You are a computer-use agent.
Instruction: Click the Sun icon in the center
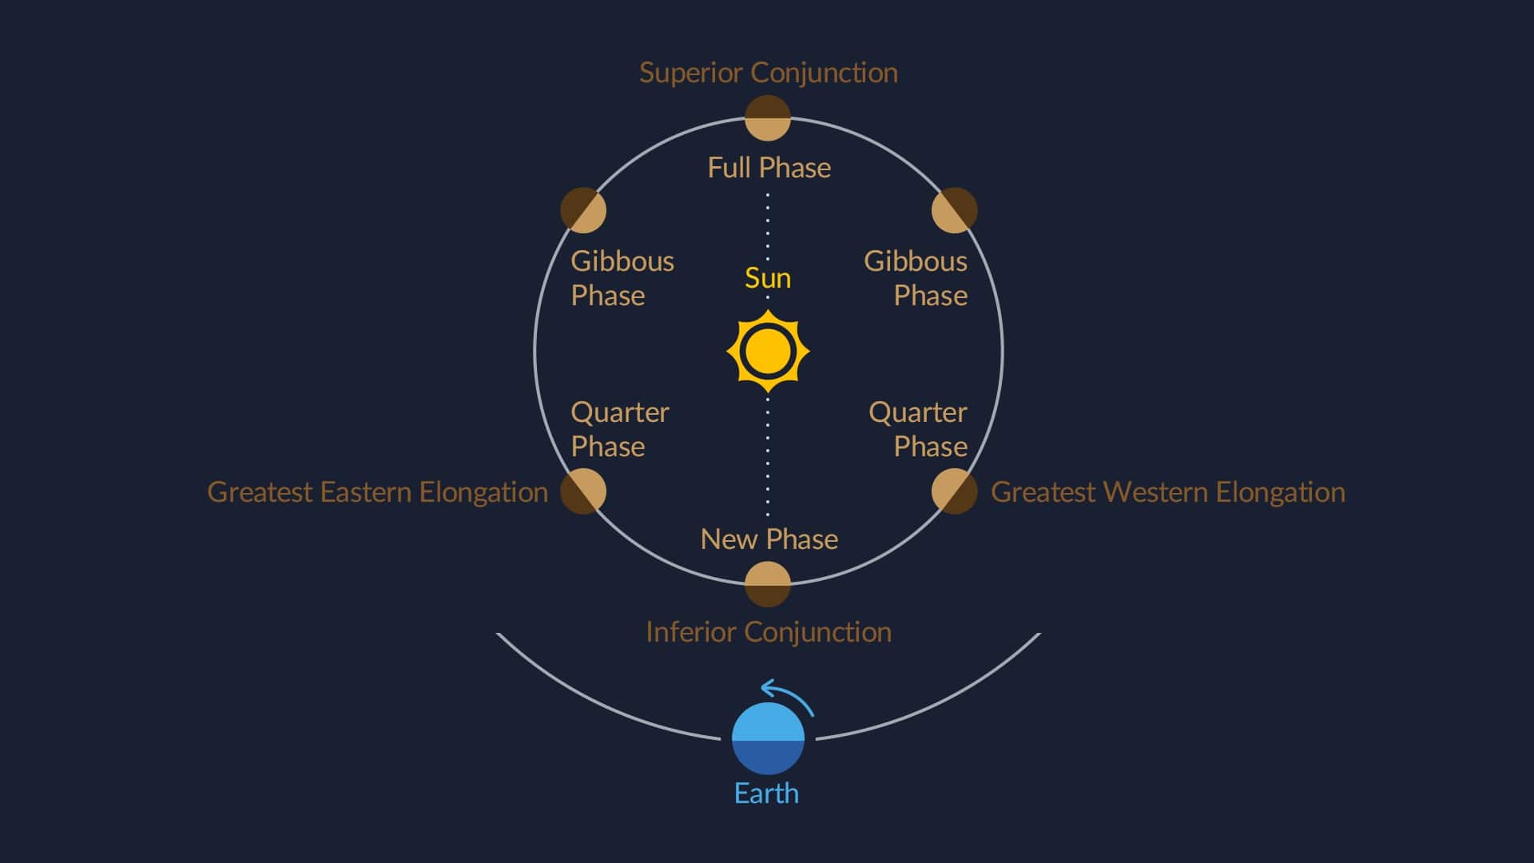pyautogui.click(x=768, y=352)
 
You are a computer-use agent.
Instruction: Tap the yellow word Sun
pyautogui.click(x=768, y=278)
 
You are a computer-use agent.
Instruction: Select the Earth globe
pyautogui.click(x=768, y=739)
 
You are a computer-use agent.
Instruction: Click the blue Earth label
pyautogui.click(x=766, y=793)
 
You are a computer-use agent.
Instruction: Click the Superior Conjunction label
pyautogui.click(x=769, y=73)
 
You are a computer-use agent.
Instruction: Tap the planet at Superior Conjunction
pyautogui.click(x=768, y=118)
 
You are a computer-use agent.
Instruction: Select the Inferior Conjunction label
pyautogui.click(x=769, y=632)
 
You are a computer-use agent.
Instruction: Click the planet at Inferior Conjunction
pyautogui.click(x=768, y=584)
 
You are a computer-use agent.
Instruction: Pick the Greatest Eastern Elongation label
pyautogui.click(x=378, y=492)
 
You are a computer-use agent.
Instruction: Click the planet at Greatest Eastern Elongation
pyautogui.click(x=583, y=491)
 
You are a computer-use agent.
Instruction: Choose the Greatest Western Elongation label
pyautogui.click(x=1168, y=492)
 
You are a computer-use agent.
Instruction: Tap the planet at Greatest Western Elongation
pyautogui.click(x=955, y=491)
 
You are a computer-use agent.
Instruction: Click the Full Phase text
pyautogui.click(x=769, y=168)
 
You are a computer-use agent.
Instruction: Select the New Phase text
pyautogui.click(x=769, y=539)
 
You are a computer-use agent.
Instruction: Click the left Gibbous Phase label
pyautogui.click(x=622, y=278)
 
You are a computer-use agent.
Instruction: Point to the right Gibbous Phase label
pyautogui.click(x=916, y=278)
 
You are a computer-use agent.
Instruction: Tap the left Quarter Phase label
pyautogui.click(x=620, y=429)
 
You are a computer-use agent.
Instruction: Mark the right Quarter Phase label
pyautogui.click(x=918, y=429)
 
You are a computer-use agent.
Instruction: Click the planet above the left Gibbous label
pyautogui.click(x=583, y=210)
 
